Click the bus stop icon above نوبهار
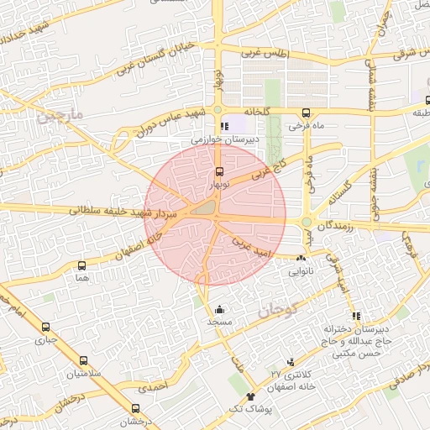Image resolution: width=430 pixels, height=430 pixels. pyautogui.click(x=220, y=170)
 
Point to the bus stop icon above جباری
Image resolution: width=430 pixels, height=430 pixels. pyautogui.click(x=45, y=328)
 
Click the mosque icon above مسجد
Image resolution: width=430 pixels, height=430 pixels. pyautogui.click(x=220, y=309)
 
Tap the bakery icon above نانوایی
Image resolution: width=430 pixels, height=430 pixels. pyautogui.click(x=301, y=257)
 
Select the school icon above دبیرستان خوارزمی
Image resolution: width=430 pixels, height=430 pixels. pyautogui.click(x=223, y=126)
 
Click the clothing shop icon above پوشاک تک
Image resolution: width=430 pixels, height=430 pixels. pyautogui.click(x=250, y=396)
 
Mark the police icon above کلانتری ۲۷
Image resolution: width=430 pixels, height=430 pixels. pyautogui.click(x=291, y=362)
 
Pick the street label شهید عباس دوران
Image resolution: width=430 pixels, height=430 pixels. pyautogui.click(x=160, y=123)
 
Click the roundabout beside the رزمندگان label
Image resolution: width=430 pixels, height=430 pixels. pyautogui.click(x=307, y=223)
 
